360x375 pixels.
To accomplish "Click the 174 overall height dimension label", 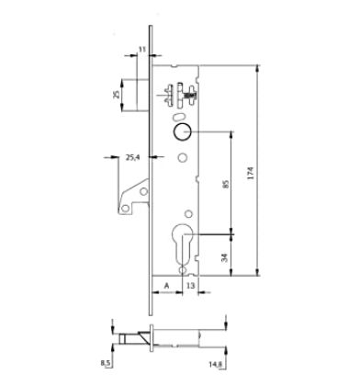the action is [251, 173].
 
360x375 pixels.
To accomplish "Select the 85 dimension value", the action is [226, 184].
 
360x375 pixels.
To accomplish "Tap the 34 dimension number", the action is [225, 257].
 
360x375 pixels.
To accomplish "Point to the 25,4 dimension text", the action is [133, 157].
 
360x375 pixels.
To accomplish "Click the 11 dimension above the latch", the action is [142, 49].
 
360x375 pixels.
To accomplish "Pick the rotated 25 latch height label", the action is [116, 95].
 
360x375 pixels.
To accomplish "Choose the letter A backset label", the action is [166, 286].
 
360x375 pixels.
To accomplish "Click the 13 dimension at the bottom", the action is [190, 286].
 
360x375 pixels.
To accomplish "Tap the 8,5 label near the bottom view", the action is [106, 363].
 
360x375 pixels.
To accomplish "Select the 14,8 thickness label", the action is [216, 364].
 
